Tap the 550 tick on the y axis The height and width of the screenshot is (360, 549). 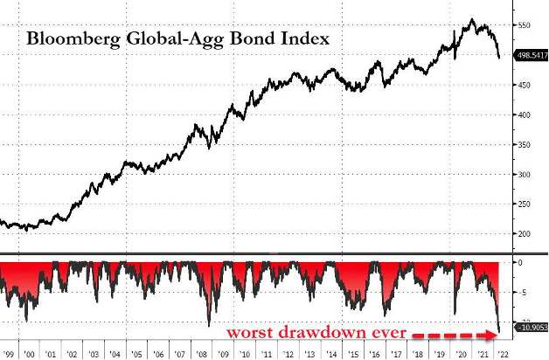524,26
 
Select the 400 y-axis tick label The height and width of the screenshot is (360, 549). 524,115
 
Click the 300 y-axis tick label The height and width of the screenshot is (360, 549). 524,175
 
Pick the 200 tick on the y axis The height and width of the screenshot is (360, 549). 524,234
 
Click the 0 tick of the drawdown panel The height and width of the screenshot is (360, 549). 520,262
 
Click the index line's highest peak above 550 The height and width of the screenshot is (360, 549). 472,19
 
